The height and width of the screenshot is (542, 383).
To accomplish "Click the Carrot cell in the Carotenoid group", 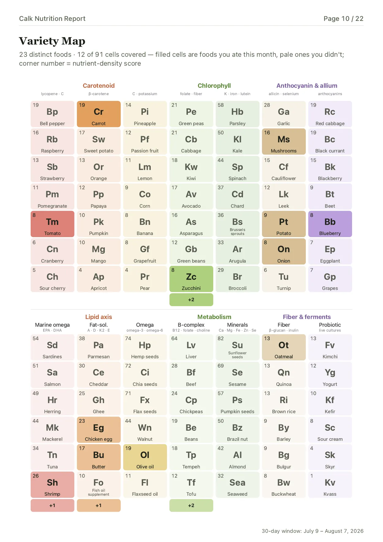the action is (99, 114).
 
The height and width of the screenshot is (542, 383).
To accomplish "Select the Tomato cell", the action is (52, 224).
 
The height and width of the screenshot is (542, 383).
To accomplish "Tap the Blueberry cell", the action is (330, 224).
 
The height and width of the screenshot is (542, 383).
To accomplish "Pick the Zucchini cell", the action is (191, 279).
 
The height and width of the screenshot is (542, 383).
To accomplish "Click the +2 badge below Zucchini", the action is (191, 300).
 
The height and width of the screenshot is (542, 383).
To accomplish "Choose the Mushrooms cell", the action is (284, 141).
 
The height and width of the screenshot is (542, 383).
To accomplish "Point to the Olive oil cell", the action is (145, 457).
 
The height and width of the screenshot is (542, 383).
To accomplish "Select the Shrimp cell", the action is (52, 485).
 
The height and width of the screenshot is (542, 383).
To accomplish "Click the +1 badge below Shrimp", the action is (52, 505).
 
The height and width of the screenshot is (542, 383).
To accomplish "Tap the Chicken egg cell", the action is (99, 430).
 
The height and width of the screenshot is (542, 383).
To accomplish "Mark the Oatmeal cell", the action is (284, 347).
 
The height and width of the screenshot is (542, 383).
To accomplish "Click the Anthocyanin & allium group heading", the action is (307, 86).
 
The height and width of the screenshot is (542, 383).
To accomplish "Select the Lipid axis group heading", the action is (99, 317).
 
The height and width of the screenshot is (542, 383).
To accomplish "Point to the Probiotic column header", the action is (330, 325).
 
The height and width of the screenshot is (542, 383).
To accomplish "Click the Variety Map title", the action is (52, 41).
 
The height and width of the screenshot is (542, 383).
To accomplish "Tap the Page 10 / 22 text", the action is (343, 19).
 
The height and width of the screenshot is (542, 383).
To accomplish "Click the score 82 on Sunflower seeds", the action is (221, 338).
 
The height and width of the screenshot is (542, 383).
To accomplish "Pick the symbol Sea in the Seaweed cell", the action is (237, 482).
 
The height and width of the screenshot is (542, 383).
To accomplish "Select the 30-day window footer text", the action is (313, 531).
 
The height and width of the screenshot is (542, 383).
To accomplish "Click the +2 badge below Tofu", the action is (191, 505).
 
